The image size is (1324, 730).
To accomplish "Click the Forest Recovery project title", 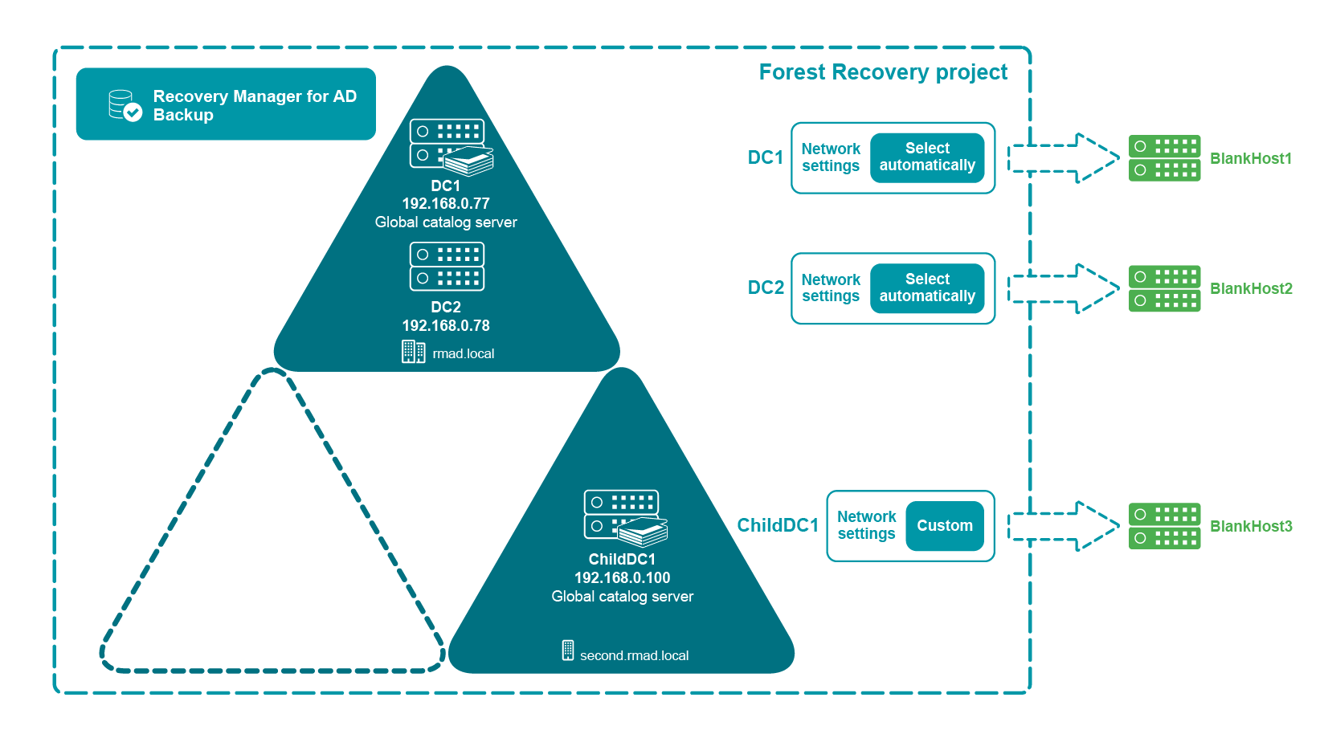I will (882, 72).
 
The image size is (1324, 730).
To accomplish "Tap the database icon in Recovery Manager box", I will (125, 105).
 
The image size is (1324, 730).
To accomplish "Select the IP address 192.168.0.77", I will (446, 204).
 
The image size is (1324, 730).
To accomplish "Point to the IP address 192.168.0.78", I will (446, 326).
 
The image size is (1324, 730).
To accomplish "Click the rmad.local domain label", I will (463, 353).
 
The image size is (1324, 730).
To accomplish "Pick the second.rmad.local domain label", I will (634, 655).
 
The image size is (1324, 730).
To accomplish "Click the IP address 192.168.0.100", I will (622, 578).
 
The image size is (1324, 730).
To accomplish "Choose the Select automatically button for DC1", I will (927, 157).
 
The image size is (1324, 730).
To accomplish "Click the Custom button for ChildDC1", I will (944, 526).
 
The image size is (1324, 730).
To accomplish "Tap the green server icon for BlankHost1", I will (1164, 158).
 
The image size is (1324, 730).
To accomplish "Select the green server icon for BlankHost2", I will (1164, 288).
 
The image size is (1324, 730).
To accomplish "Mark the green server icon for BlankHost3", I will (1164, 526).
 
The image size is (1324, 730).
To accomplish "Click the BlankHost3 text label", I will (1251, 526).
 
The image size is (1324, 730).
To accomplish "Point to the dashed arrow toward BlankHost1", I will (1064, 158).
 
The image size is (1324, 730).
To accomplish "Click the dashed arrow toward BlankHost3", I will (1064, 526).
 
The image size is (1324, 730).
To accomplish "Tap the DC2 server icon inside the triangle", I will (447, 267).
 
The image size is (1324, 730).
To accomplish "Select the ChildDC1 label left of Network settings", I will (778, 525).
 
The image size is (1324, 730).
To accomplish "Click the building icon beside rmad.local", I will (413, 352).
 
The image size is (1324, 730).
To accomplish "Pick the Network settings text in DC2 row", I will (831, 288).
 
